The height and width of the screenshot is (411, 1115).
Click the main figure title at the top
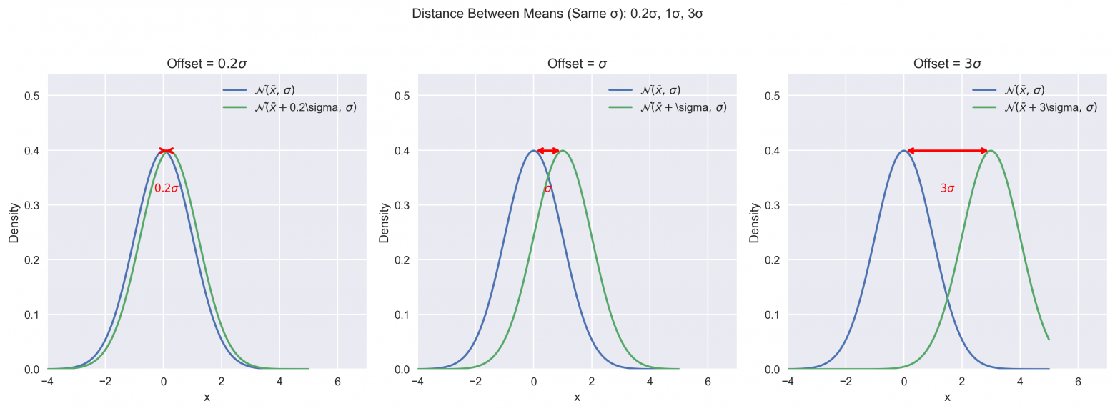[x=557, y=13]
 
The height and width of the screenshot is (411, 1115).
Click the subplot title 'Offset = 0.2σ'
[x=207, y=64]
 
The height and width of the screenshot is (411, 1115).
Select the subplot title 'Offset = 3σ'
[x=947, y=64]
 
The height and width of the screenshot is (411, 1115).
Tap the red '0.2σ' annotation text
[x=166, y=189]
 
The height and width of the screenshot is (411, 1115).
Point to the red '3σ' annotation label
[x=947, y=189]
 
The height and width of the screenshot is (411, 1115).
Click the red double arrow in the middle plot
[x=548, y=150]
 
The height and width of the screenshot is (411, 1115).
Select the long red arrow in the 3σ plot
[x=947, y=150]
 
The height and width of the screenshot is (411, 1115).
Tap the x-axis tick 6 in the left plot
[x=337, y=382]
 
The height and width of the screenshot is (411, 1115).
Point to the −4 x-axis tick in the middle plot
[x=417, y=382]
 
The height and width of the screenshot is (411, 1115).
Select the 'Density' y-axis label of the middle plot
[x=385, y=222]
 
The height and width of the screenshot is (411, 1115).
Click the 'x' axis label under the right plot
[x=947, y=397]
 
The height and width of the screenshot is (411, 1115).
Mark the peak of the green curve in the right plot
[x=991, y=150]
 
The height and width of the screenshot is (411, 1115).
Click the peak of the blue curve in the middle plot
[x=533, y=150]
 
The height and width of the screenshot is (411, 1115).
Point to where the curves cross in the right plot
[x=948, y=298]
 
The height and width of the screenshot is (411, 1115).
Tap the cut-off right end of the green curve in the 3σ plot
[x=1049, y=340]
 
